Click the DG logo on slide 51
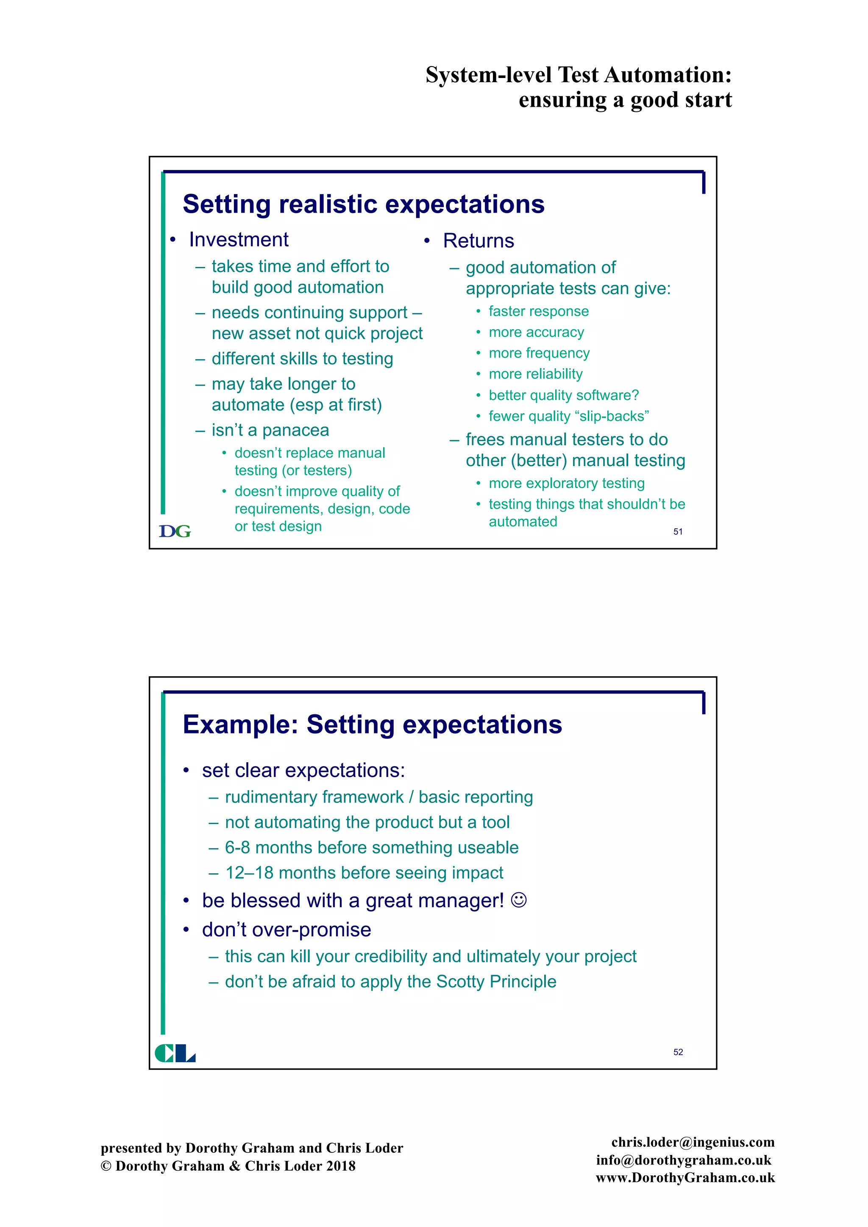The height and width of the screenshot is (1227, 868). (175, 531)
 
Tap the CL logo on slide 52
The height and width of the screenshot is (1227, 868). (175, 1053)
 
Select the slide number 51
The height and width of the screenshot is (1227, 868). (678, 532)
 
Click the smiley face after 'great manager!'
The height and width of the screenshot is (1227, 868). (518, 900)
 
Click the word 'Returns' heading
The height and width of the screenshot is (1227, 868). (479, 241)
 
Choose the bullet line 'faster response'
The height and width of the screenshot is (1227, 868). (538, 311)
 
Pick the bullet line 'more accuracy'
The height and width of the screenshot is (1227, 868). (536, 333)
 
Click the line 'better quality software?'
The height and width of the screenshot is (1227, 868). (563, 395)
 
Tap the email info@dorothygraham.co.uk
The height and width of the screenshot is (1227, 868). (684, 1160)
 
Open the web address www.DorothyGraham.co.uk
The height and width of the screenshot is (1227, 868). (685, 1177)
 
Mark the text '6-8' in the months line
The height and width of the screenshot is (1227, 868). (237, 847)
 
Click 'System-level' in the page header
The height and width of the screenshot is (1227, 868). (488, 75)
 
